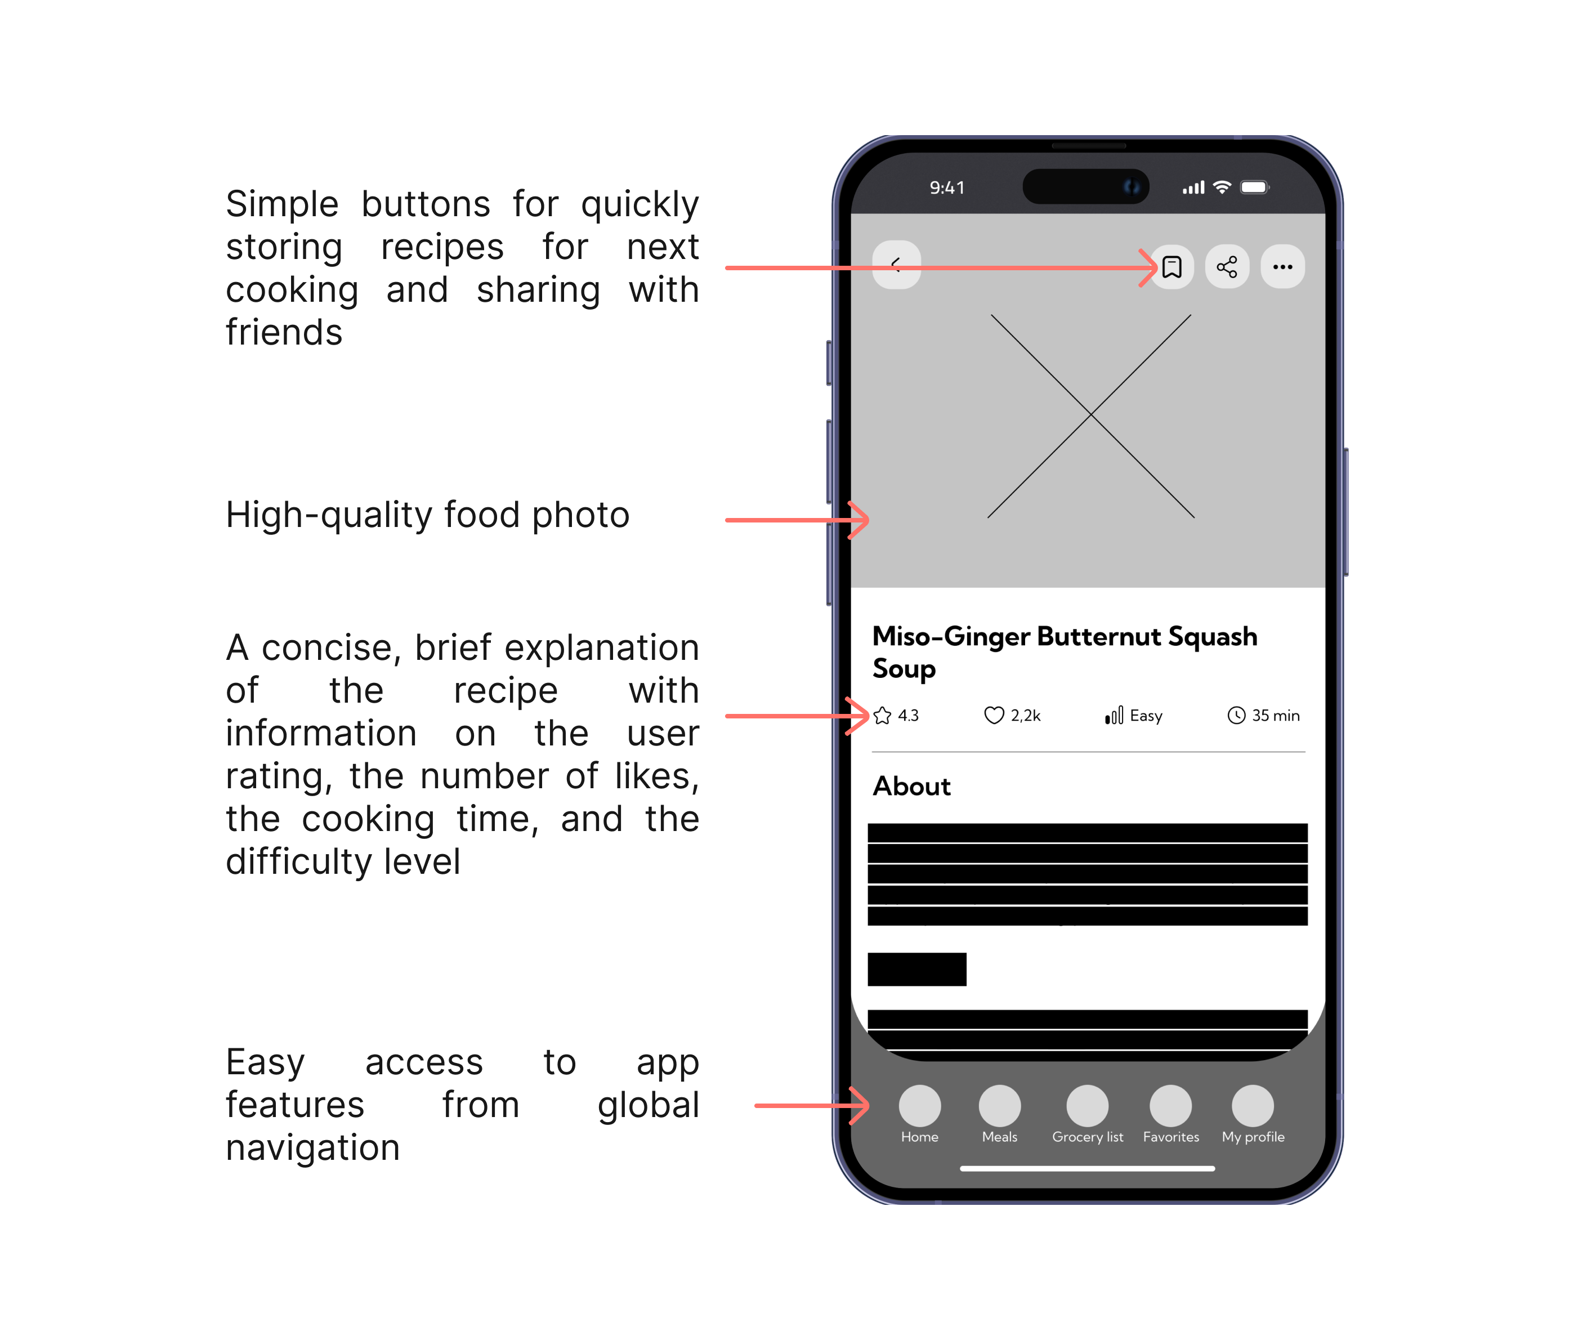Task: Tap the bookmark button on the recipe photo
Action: [1172, 267]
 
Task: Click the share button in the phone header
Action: [1227, 267]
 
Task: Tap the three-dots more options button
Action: [1283, 267]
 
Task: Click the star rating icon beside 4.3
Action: [882, 716]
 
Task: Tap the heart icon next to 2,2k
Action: [994, 716]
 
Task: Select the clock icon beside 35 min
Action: [1237, 716]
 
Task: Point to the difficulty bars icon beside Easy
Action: [1114, 716]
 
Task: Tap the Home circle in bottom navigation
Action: [920, 1105]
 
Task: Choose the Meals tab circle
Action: [1000, 1105]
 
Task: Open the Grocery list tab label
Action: [1088, 1137]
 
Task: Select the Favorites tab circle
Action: [1170, 1105]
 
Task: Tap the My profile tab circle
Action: [1253, 1105]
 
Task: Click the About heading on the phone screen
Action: [911, 786]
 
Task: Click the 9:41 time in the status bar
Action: [947, 187]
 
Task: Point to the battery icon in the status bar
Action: [1255, 187]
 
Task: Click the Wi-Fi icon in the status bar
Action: [1222, 187]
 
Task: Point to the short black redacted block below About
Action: [917, 970]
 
